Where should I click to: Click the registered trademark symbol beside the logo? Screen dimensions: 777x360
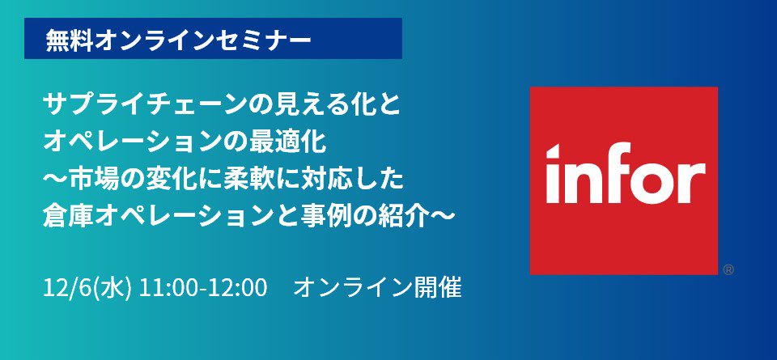[728, 270]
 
